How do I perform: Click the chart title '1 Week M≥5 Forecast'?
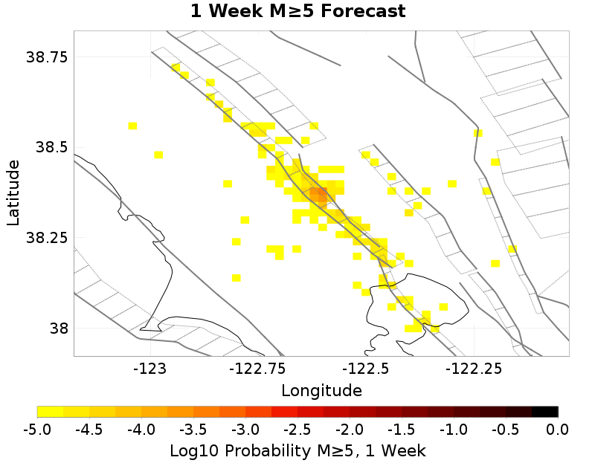point(297,12)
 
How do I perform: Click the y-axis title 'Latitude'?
point(13,192)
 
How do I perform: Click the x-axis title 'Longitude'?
point(321,390)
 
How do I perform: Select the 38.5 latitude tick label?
point(52,147)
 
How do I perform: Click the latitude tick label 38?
point(57,328)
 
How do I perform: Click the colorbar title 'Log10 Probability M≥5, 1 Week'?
point(297,450)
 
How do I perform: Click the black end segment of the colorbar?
point(545,412)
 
